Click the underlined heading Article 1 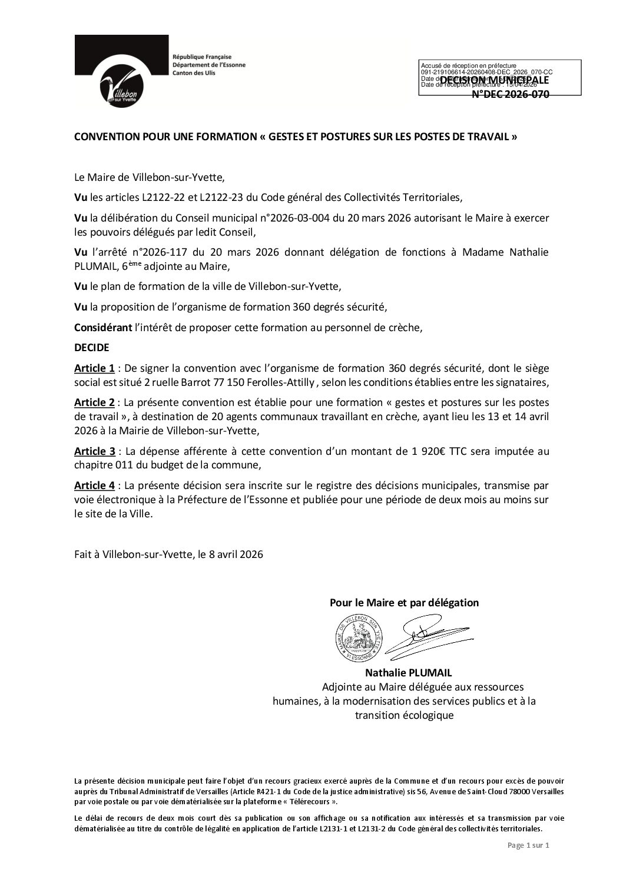(x=94, y=369)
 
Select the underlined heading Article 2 (x=94, y=402)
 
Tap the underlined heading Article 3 (x=94, y=452)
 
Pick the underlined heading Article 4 (x=94, y=485)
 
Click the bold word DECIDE (x=92, y=348)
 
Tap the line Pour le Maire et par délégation (x=403, y=603)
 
